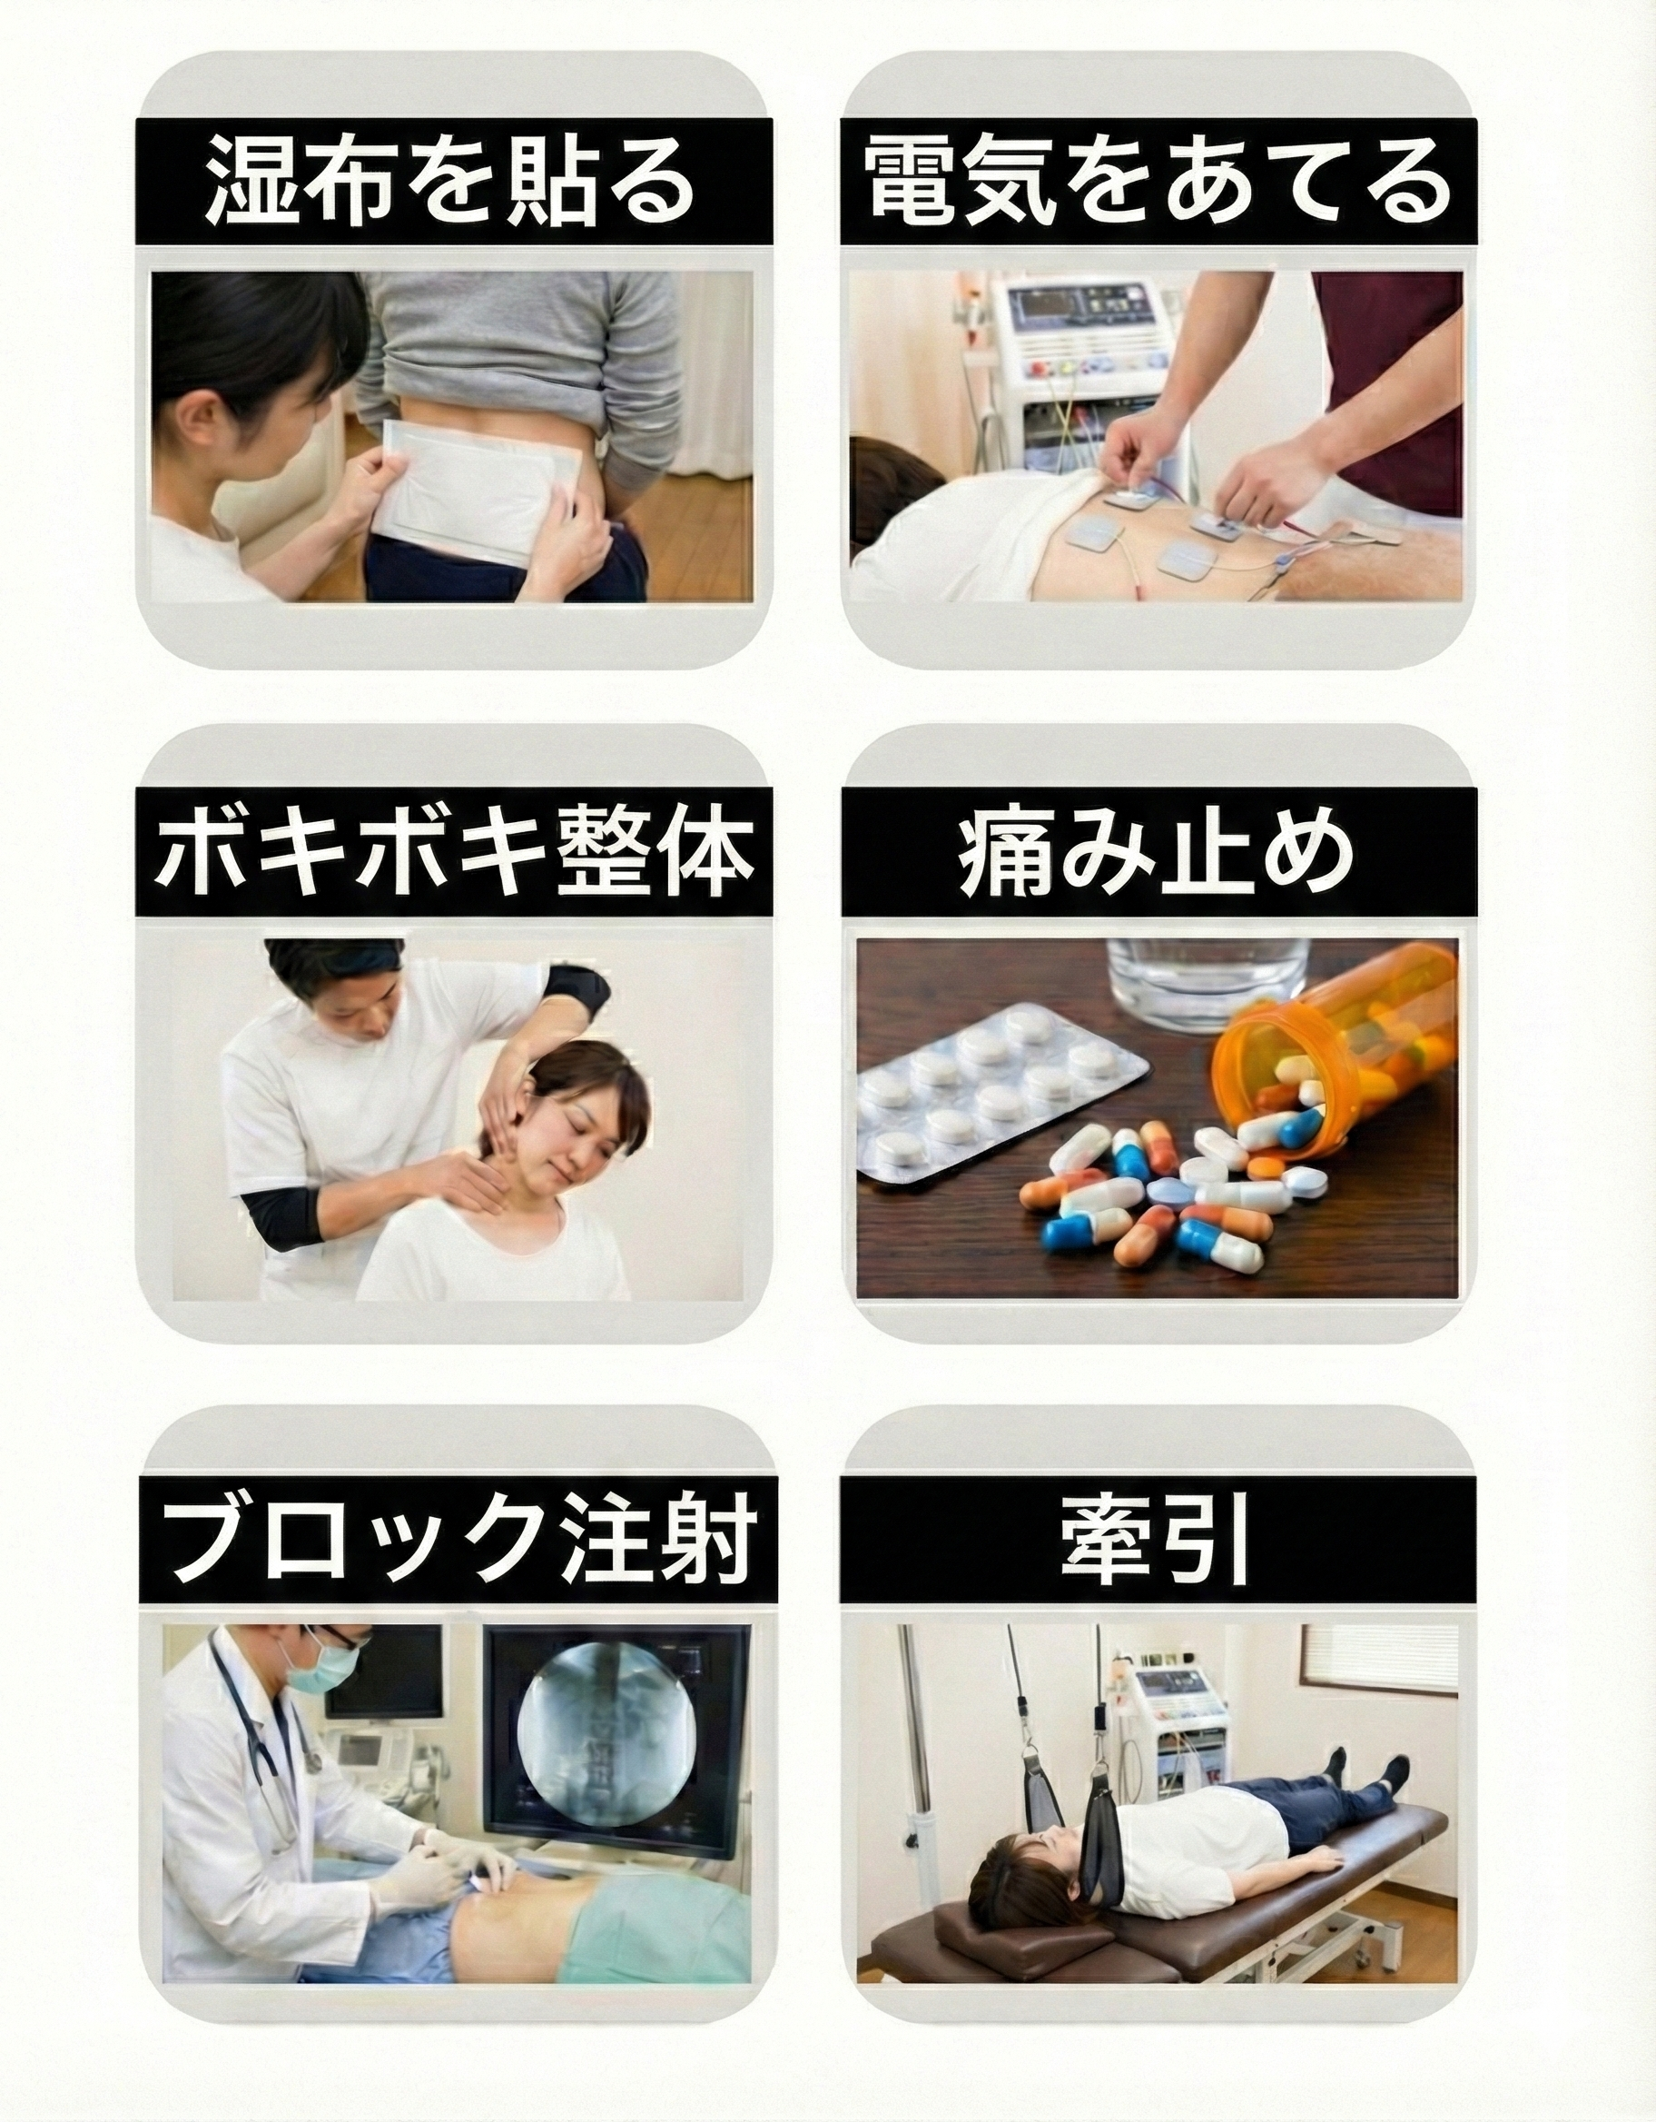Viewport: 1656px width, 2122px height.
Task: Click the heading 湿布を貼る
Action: [451, 181]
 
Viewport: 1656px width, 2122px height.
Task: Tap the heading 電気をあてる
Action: [1158, 181]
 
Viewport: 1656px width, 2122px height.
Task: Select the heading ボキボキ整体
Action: [455, 852]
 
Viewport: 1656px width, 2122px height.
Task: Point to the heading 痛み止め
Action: [1157, 852]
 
